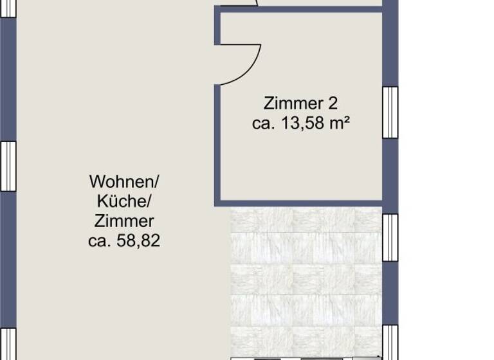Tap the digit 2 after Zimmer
click(x=332, y=104)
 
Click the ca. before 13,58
click(x=264, y=123)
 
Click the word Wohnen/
click(x=124, y=181)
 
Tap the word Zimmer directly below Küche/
click(x=124, y=222)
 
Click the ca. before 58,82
click(x=100, y=242)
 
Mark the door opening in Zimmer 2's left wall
click(x=217, y=64)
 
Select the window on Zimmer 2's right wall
click(x=390, y=112)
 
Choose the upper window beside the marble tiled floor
click(x=390, y=237)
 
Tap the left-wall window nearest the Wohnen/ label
click(x=7, y=166)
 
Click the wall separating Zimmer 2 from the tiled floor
click(x=302, y=203)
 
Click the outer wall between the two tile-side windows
click(x=390, y=292)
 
